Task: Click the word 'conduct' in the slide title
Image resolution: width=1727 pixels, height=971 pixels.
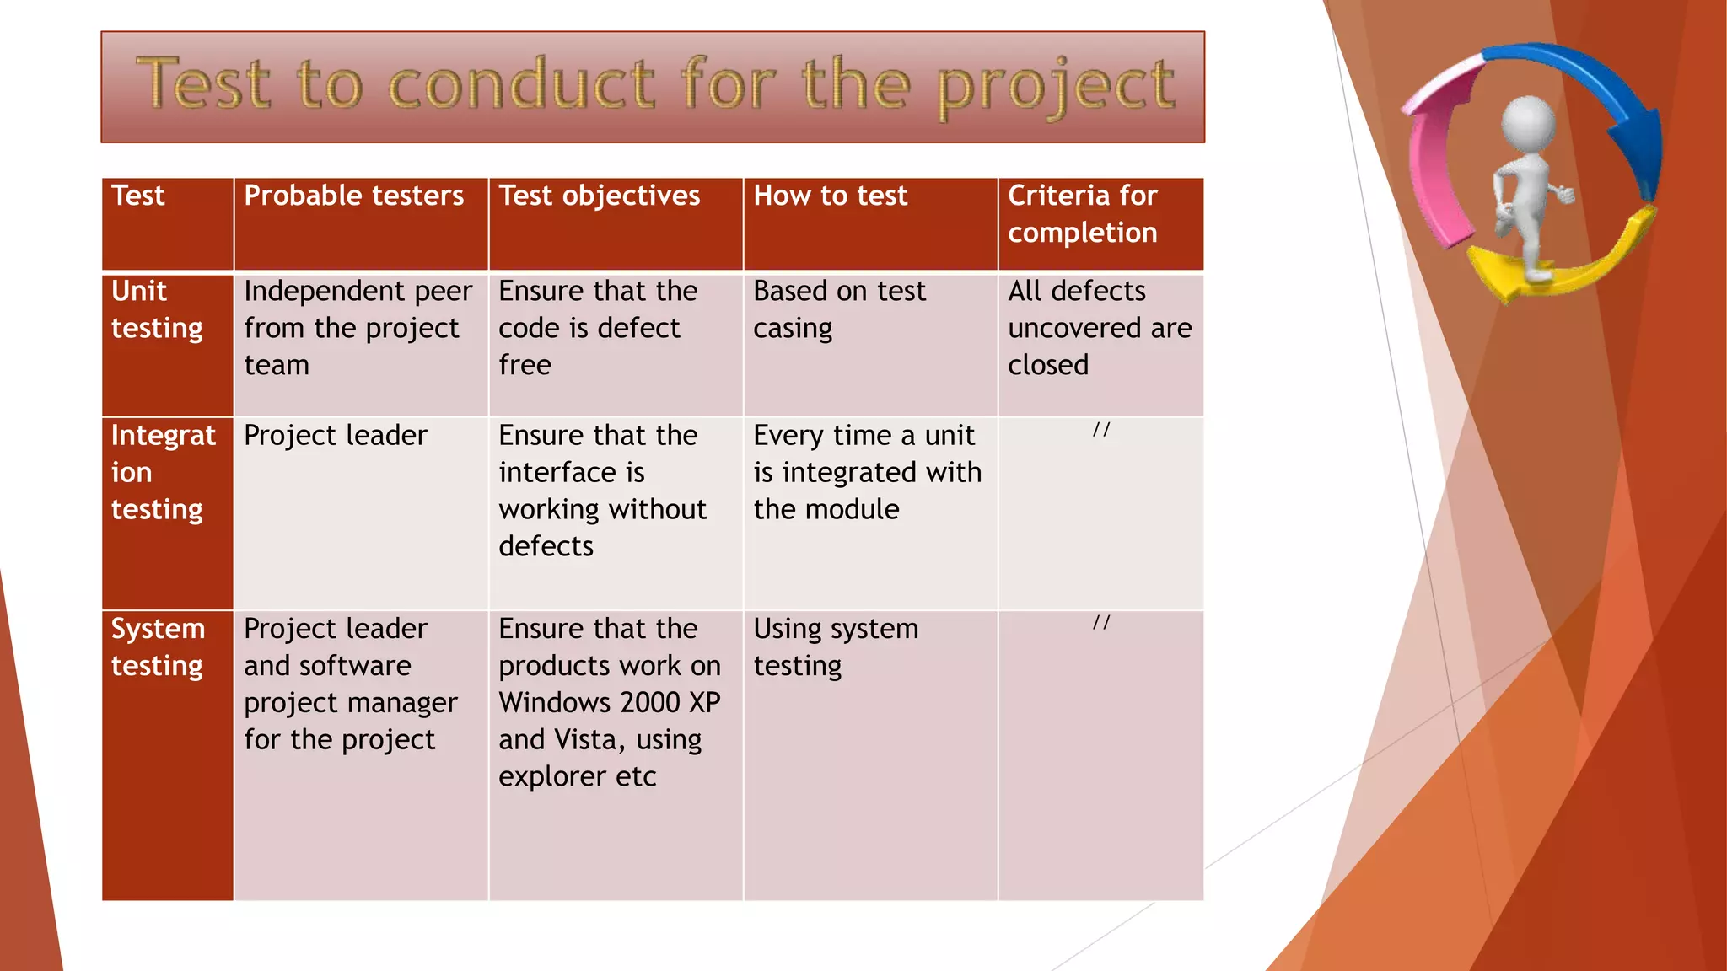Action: tap(521, 84)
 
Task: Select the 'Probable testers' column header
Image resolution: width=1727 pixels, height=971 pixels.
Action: tap(353, 196)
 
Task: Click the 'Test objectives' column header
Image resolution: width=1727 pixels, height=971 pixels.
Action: tap(599, 196)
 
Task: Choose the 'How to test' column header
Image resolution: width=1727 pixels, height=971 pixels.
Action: tap(830, 196)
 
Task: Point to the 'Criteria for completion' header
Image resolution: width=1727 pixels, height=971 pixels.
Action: tap(1083, 214)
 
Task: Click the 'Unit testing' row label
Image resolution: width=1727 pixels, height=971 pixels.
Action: tap(157, 309)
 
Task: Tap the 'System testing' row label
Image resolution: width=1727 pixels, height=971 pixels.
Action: tap(158, 647)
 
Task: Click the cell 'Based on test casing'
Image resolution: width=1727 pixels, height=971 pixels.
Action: tap(839, 309)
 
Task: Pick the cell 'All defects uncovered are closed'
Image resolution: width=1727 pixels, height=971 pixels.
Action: tap(1099, 328)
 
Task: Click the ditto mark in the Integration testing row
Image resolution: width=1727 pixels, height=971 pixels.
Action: tap(1100, 430)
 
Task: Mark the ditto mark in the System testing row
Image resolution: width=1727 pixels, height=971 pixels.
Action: tap(1100, 623)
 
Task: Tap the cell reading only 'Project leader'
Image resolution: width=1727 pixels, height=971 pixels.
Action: tap(336, 436)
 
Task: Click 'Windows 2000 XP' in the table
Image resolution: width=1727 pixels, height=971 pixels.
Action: tap(609, 702)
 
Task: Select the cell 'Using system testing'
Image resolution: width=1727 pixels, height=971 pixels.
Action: tap(835, 647)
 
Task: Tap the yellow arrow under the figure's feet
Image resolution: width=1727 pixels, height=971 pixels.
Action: tap(1568, 270)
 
